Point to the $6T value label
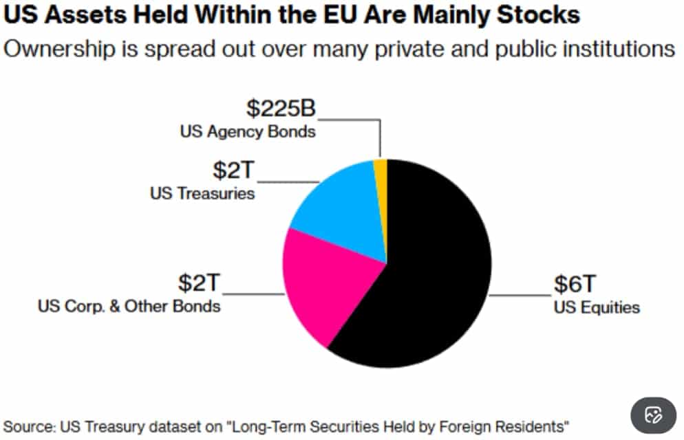pyautogui.click(x=575, y=284)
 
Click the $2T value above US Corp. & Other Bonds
pyautogui.click(x=200, y=283)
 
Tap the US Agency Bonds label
pyautogui.click(x=248, y=131)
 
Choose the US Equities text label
pyautogui.click(x=597, y=307)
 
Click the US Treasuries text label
pyautogui.click(x=202, y=193)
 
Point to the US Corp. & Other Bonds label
pyautogui.click(x=129, y=305)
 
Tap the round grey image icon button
pyautogui.click(x=652, y=415)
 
